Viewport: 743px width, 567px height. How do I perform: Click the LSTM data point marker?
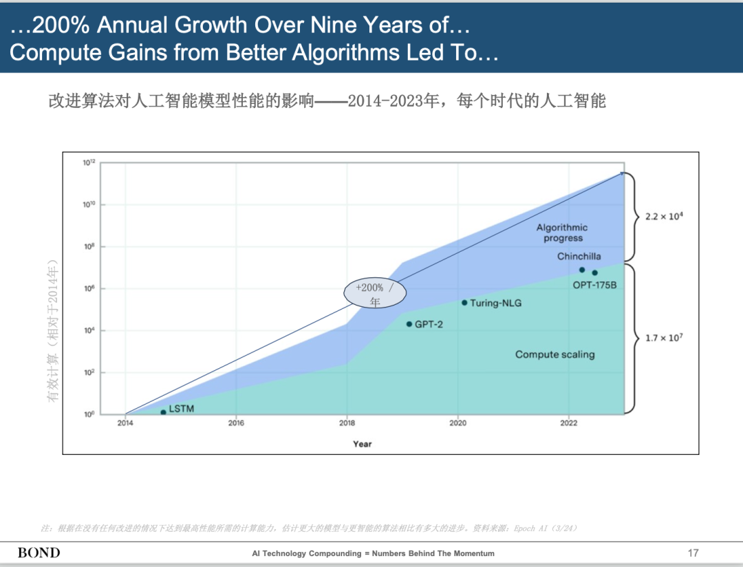coord(163,412)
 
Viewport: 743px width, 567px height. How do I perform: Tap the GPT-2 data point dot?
coord(409,324)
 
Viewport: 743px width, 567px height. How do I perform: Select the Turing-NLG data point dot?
coord(464,303)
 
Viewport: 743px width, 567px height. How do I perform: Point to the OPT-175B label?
coord(594,284)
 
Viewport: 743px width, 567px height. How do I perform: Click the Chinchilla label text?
coord(579,257)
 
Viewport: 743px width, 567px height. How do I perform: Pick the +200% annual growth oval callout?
coord(375,294)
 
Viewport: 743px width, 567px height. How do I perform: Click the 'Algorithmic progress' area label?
coord(562,233)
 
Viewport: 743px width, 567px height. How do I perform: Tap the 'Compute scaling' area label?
coord(554,354)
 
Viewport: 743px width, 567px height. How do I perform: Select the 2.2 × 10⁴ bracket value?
coord(663,216)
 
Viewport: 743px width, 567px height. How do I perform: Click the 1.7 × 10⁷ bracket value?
coord(663,338)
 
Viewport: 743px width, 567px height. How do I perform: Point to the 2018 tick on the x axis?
coord(347,423)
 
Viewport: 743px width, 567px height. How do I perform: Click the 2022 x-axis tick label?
coord(568,423)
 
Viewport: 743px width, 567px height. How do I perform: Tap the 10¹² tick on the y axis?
coord(89,162)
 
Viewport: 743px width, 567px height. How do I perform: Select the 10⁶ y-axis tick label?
coord(89,288)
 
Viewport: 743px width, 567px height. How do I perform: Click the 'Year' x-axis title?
coord(362,444)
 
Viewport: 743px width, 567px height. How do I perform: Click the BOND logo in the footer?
coord(39,553)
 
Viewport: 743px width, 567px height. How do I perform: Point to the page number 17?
coord(693,553)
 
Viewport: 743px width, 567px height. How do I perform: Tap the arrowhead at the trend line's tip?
coord(623,173)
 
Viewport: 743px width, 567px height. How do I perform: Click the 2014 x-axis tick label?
coord(125,423)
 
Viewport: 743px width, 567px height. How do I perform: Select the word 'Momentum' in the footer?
coord(473,553)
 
